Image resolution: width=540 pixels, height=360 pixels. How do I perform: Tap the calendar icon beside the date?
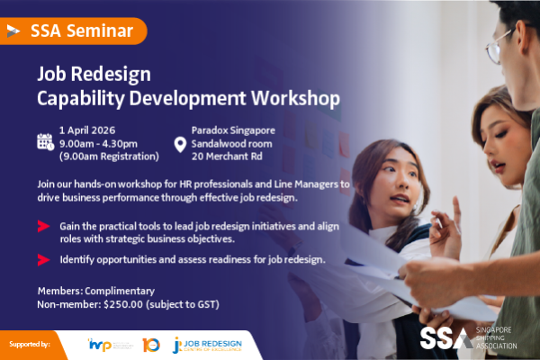pos(45,141)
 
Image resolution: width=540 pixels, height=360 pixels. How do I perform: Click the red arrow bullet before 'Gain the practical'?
pos(43,226)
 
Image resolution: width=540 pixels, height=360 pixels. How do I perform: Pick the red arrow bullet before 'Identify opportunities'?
pos(43,260)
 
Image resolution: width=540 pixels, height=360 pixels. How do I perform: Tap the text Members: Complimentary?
pos(96,291)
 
